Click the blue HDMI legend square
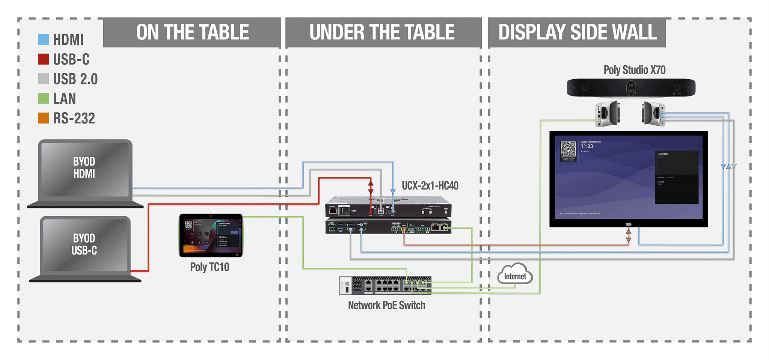tap(44, 39)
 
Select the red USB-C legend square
tap(44, 59)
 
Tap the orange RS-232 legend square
tap(44, 118)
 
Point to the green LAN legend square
tap(44, 98)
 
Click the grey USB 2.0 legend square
tap(44, 79)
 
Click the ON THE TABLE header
tap(192, 32)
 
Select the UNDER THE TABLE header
tap(382, 32)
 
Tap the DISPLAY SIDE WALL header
tap(577, 32)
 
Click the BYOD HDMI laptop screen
tap(85, 168)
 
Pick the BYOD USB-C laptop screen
tap(85, 244)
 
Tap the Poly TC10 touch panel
tap(211, 235)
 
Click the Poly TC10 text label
tap(210, 267)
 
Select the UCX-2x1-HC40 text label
tap(430, 185)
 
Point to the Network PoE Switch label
tap(386, 305)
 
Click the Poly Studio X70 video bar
tap(631, 88)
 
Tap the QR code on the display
tap(568, 149)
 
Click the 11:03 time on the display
tap(587, 146)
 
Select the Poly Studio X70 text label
tap(634, 70)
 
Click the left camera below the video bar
tap(608, 113)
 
